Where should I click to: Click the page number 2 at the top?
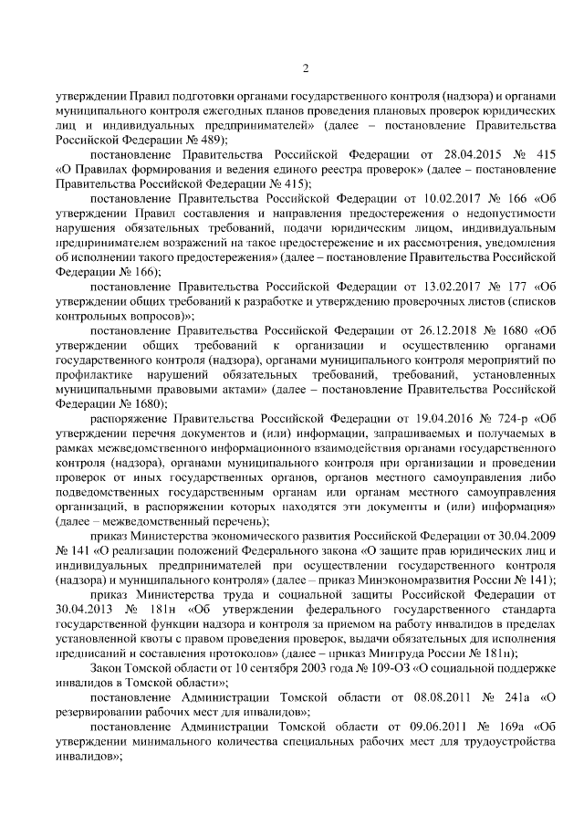(305, 68)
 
